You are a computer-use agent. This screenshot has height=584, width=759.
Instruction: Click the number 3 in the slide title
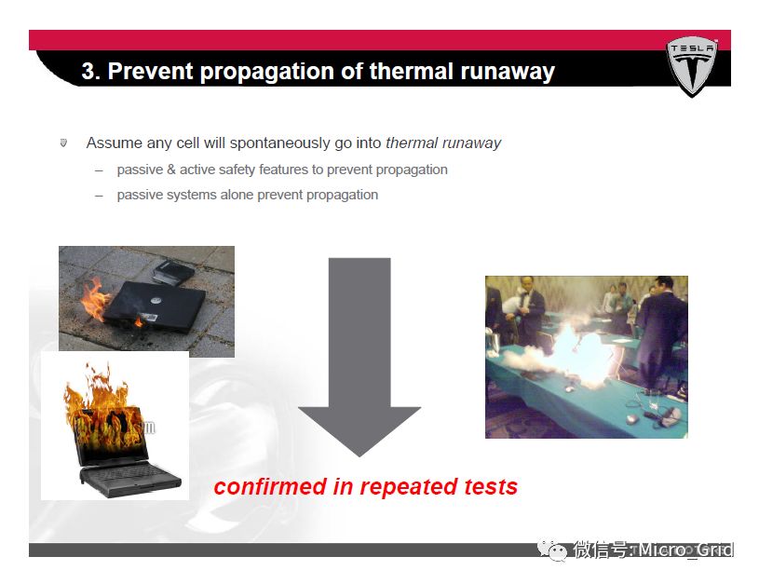tap(88, 71)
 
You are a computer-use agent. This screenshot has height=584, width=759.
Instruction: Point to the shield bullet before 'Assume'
tap(63, 143)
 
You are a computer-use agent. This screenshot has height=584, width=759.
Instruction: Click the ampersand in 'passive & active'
tap(170, 170)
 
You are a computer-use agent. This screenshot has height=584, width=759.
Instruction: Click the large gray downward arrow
tap(359, 357)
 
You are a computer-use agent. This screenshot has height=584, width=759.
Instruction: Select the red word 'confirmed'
tap(271, 486)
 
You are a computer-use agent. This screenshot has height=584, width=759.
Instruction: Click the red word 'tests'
tap(491, 486)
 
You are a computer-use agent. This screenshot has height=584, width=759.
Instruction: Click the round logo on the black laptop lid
tap(156, 300)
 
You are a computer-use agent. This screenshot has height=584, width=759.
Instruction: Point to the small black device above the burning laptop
tap(172, 273)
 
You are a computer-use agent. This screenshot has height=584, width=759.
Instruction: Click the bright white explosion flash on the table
tap(578, 354)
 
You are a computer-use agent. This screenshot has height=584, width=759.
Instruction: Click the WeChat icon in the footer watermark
tap(552, 550)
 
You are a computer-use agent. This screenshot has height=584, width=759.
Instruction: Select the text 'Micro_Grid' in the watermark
tap(685, 550)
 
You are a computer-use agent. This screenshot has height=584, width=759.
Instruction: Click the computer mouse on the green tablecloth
tap(630, 419)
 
